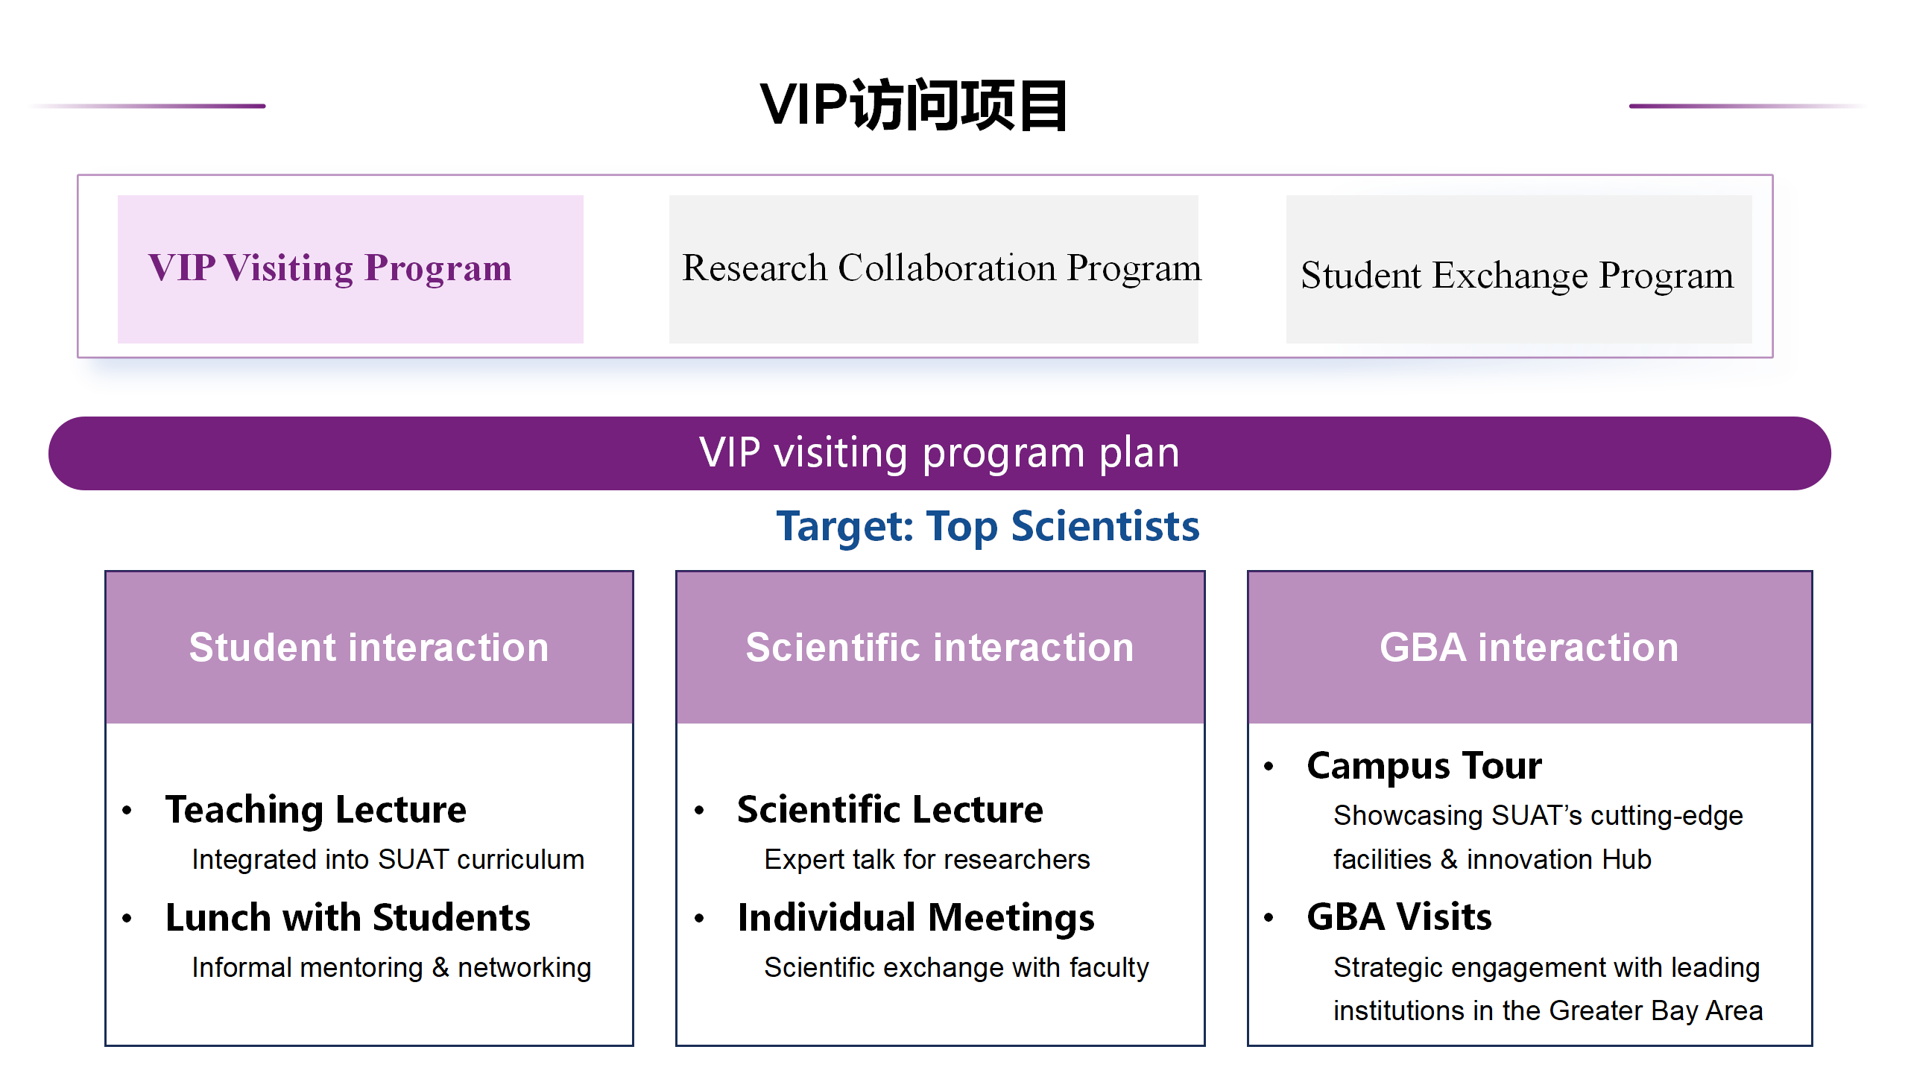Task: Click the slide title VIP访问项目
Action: tap(914, 105)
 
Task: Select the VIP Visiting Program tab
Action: tap(350, 269)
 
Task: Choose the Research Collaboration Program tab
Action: tap(933, 269)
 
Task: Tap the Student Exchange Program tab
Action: tap(1519, 269)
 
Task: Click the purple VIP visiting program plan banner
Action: tap(939, 453)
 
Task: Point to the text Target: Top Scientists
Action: tap(988, 526)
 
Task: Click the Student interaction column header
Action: tap(369, 647)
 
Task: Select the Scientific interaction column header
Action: tap(940, 647)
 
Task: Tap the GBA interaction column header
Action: tap(1529, 647)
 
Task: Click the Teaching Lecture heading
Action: tap(316, 810)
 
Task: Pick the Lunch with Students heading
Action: tap(348, 917)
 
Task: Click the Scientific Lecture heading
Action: tap(890, 809)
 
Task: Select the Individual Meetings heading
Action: tap(916, 918)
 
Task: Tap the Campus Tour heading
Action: tap(1424, 766)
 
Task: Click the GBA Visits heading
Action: tap(1399, 917)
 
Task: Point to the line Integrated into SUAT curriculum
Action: tap(388, 859)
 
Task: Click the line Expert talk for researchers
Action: tap(926, 859)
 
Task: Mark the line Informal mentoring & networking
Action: tap(391, 967)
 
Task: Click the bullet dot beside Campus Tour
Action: tap(1269, 767)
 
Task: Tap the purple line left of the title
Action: tap(147, 106)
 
